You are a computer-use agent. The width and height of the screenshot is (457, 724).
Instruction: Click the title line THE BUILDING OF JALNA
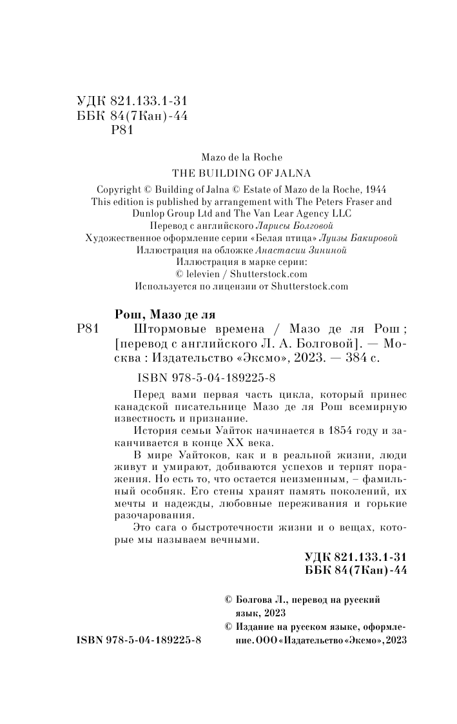click(238, 173)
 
